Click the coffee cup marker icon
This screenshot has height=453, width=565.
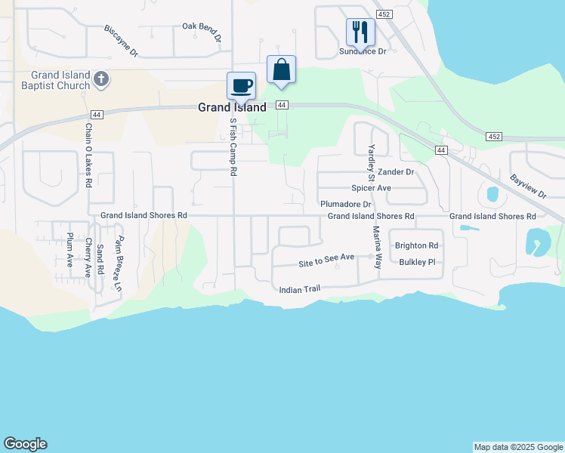pos(242,85)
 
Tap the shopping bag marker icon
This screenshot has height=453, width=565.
pos(281,69)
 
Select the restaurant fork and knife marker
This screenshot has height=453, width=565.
pos(360,32)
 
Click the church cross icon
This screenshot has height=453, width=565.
pos(103,79)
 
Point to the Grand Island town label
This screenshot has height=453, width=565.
pos(232,107)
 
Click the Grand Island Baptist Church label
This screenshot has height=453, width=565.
pos(60,80)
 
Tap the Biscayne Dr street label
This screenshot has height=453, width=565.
pos(122,42)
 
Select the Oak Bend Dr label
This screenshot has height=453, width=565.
pos(202,31)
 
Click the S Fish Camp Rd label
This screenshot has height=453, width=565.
pos(233,146)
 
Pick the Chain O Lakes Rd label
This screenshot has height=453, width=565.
pos(88,156)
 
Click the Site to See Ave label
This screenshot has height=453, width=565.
pos(326,259)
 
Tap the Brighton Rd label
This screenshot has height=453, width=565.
pos(416,245)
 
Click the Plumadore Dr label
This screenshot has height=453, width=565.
pos(346,204)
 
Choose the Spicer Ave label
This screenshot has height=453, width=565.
pos(371,188)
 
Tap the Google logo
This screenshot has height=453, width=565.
pos(25,444)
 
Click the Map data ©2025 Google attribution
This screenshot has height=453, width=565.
pos(518,447)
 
